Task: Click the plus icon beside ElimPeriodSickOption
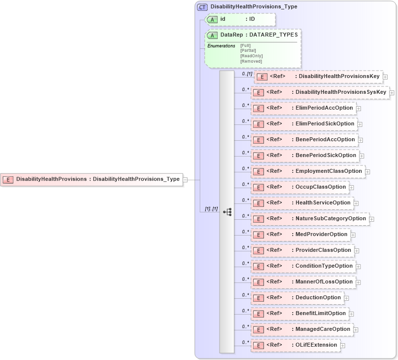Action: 360,124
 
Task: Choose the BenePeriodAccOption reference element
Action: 304,140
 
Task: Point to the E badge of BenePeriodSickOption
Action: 258,156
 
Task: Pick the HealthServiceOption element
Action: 302,203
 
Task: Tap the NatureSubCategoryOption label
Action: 330,219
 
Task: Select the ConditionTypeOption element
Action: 303,266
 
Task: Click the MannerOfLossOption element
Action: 303,282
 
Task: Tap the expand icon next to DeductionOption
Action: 347,298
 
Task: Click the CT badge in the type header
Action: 202,7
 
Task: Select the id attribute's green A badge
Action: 212,19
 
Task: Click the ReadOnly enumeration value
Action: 251,56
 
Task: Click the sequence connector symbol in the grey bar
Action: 227,212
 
